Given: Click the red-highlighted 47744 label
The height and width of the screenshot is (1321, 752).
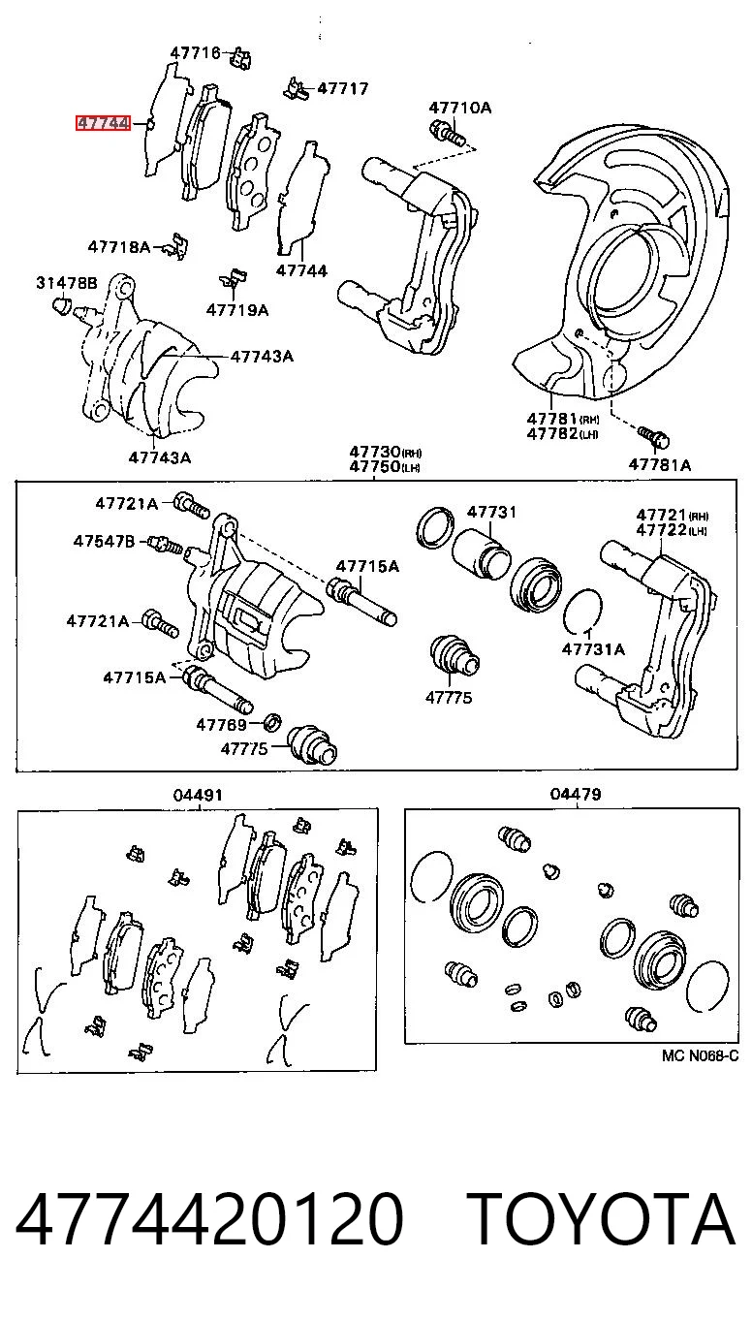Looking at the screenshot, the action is click(x=103, y=123).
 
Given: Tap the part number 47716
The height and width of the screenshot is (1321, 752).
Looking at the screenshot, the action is click(x=195, y=53).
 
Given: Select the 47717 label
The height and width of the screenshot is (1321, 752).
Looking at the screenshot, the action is click(x=343, y=88).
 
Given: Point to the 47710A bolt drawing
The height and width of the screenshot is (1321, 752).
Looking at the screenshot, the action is click(x=449, y=132).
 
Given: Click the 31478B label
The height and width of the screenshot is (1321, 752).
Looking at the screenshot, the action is click(x=67, y=283).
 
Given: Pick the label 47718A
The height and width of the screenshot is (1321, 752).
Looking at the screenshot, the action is click(x=119, y=246).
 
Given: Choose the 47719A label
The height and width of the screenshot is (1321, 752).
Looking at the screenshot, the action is click(x=237, y=309).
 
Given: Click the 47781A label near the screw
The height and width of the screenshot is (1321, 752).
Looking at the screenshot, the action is click(x=659, y=464).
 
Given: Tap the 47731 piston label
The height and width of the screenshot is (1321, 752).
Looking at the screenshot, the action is click(x=492, y=512).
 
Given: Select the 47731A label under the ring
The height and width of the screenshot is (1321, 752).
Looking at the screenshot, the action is click(x=593, y=649).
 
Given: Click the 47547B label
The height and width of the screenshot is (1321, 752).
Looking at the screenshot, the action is click(x=104, y=541).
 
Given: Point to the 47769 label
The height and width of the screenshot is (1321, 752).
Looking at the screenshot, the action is click(x=222, y=724).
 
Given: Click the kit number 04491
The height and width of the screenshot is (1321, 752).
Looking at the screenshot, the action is click(x=198, y=795).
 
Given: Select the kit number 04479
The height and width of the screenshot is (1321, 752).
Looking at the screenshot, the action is click(x=576, y=794).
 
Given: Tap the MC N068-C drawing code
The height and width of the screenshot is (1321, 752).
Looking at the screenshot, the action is click(x=700, y=1055).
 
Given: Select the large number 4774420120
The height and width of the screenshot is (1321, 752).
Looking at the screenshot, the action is click(x=209, y=1218).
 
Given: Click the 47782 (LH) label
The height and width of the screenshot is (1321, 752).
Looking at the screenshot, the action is click(x=563, y=434).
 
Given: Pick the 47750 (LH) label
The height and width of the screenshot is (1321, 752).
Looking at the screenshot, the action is click(x=385, y=467).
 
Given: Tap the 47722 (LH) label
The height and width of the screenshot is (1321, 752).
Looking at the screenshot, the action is click(x=672, y=530).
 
